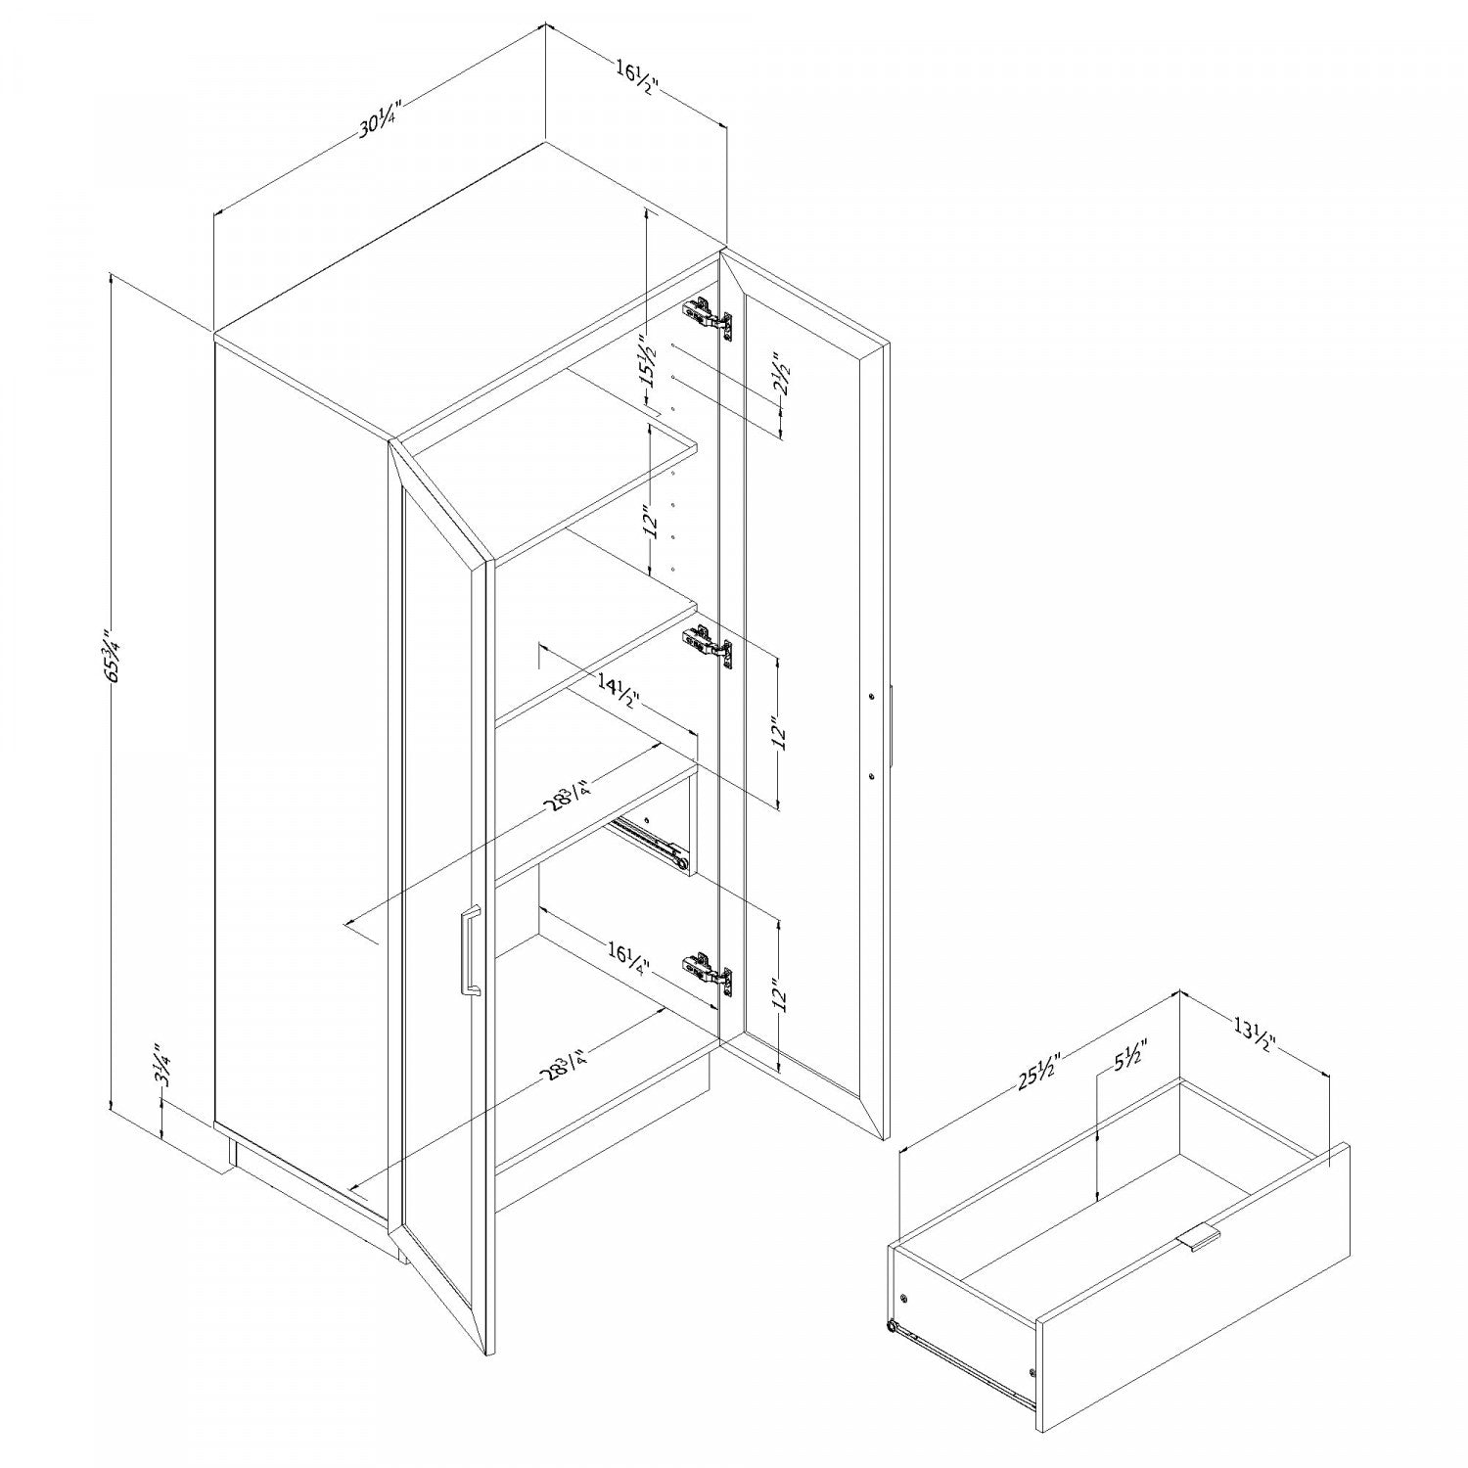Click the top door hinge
707,316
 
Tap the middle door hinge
707,645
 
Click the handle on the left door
469,952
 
